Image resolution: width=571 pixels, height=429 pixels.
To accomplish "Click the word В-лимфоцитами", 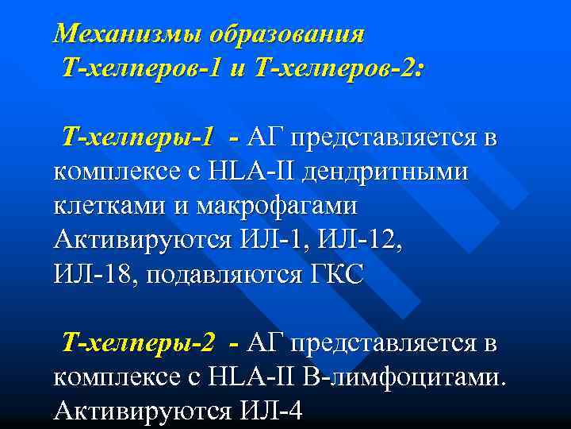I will pyautogui.click(x=405, y=377).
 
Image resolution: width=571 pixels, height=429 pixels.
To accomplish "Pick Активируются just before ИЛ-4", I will pyautogui.click(x=139, y=411).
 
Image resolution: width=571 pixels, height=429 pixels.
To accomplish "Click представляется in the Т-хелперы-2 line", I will pyautogui.click(x=393, y=342).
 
